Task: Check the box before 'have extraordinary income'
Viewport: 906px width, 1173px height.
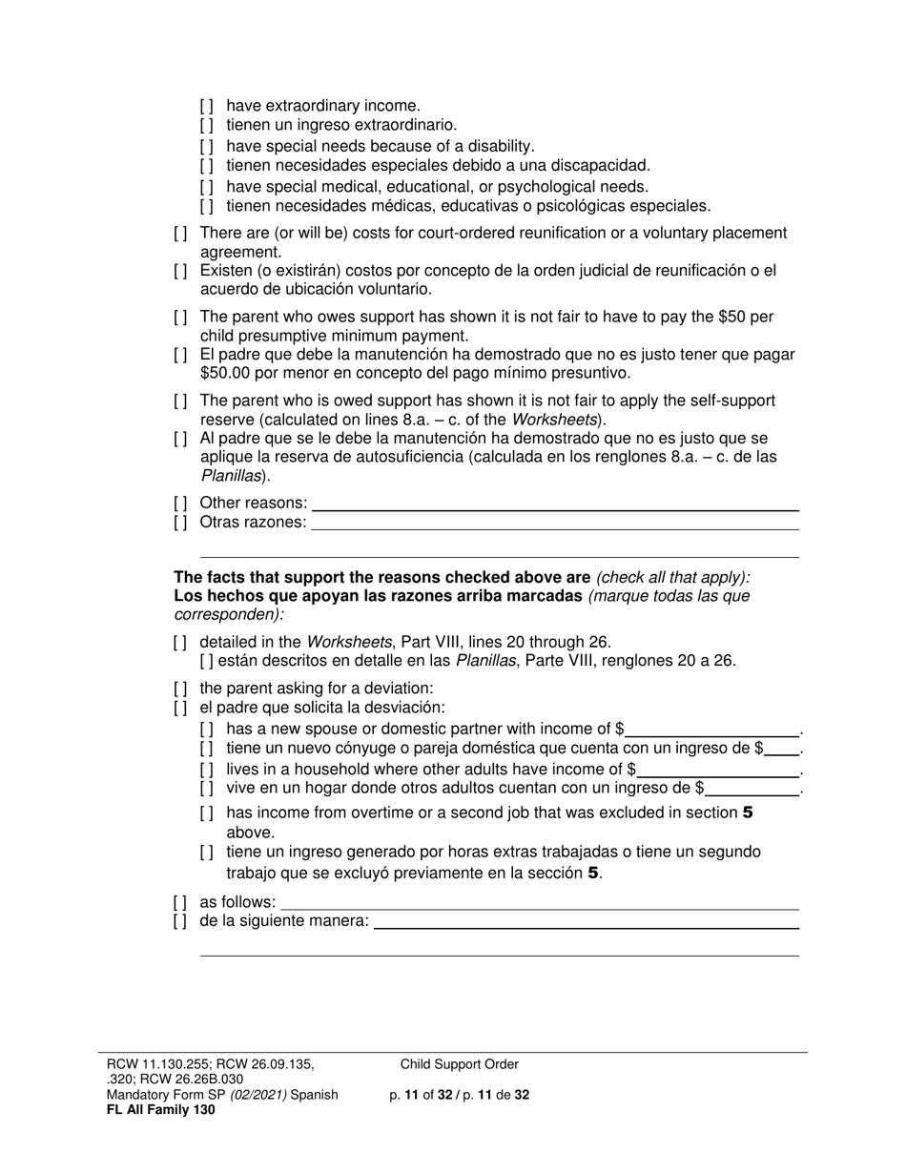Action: pyautogui.click(x=207, y=106)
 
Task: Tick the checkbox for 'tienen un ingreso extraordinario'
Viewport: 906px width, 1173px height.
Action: pyautogui.click(x=207, y=125)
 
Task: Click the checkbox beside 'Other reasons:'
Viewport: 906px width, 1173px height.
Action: pyautogui.click(x=180, y=504)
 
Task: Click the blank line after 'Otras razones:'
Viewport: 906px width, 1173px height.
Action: pyautogui.click(x=555, y=524)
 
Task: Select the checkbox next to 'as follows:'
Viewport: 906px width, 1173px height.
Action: pyautogui.click(x=180, y=902)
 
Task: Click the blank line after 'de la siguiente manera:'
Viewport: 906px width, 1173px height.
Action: pyautogui.click(x=586, y=922)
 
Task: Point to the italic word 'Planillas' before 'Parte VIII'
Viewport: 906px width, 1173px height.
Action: pyautogui.click(x=485, y=661)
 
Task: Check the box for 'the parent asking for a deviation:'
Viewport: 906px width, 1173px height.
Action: pyautogui.click(x=180, y=689)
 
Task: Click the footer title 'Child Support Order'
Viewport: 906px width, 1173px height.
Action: pyautogui.click(x=460, y=1065)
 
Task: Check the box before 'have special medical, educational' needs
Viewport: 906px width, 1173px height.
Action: pyautogui.click(x=207, y=187)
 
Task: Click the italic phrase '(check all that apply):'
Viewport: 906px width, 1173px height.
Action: pyautogui.click(x=673, y=577)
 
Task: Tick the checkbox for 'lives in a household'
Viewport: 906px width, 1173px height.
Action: pyautogui.click(x=207, y=770)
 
